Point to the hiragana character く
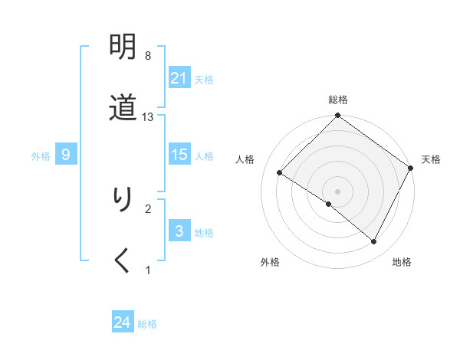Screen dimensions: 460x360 (x=123, y=260)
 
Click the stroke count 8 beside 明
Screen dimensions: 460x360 (x=148, y=56)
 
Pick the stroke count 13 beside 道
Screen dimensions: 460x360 (x=148, y=116)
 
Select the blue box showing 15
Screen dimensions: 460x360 (x=179, y=155)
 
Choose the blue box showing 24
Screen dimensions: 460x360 (x=123, y=322)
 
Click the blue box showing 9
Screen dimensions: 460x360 (x=66, y=155)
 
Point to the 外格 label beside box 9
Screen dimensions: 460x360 (x=41, y=155)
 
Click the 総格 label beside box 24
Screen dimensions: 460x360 (x=147, y=324)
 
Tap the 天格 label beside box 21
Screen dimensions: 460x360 (x=204, y=79)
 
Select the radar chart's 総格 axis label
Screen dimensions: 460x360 (x=338, y=100)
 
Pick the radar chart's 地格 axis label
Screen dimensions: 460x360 (x=402, y=262)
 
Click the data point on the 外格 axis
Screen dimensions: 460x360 (x=329, y=204)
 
